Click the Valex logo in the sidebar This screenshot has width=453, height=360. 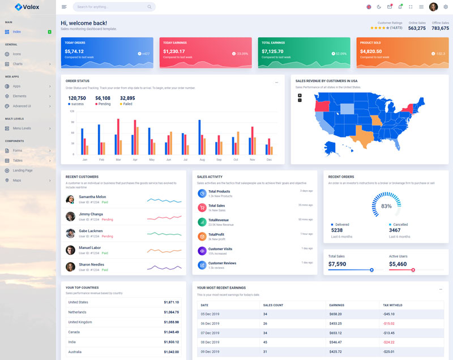click(x=27, y=7)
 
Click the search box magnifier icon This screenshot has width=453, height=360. click(x=149, y=7)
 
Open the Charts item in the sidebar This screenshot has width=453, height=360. click(x=18, y=64)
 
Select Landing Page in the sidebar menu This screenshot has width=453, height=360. click(x=23, y=170)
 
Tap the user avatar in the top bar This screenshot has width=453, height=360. click(x=433, y=7)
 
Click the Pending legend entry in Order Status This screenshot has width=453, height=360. click(x=104, y=104)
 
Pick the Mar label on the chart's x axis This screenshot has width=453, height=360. click(x=118, y=160)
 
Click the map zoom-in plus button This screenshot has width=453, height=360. click(x=300, y=95)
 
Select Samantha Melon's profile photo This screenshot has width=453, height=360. click(x=70, y=199)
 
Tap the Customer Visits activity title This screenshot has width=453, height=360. click(x=220, y=249)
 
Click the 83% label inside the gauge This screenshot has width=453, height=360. click(x=386, y=206)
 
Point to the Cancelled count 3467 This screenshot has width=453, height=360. click(x=395, y=230)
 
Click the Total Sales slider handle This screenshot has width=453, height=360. click(x=371, y=270)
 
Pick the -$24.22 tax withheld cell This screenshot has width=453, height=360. click(x=388, y=342)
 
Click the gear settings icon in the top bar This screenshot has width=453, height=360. click(x=446, y=7)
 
